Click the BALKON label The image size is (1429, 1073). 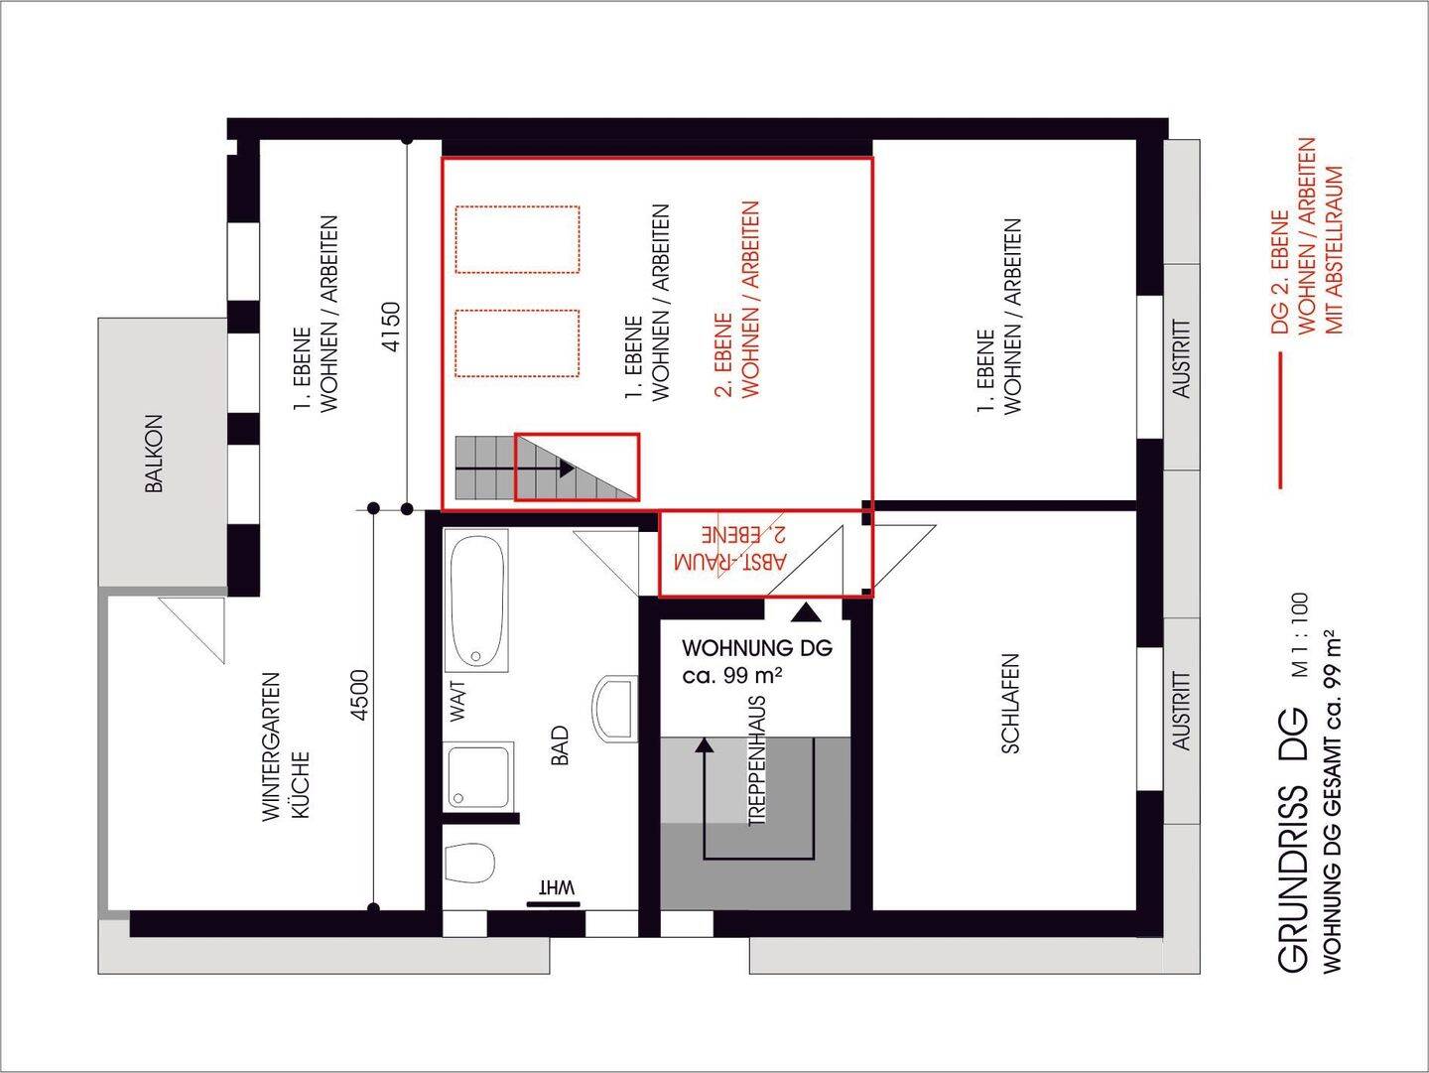[154, 454]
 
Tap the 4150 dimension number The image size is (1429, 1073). [391, 327]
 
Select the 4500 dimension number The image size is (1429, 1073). [359, 696]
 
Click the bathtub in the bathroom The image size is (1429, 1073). [477, 601]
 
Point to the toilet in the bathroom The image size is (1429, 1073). [469, 864]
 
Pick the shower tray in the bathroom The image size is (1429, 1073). [478, 777]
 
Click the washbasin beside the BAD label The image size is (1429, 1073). [614, 709]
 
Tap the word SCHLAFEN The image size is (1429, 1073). [1010, 704]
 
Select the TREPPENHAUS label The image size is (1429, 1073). [757, 761]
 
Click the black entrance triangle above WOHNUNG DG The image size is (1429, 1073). [807, 612]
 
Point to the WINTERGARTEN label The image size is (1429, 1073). [271, 746]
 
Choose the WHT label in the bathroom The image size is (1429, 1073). [557, 887]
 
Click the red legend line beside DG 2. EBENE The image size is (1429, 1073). [1280, 421]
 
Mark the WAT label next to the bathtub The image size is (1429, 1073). [458, 701]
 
